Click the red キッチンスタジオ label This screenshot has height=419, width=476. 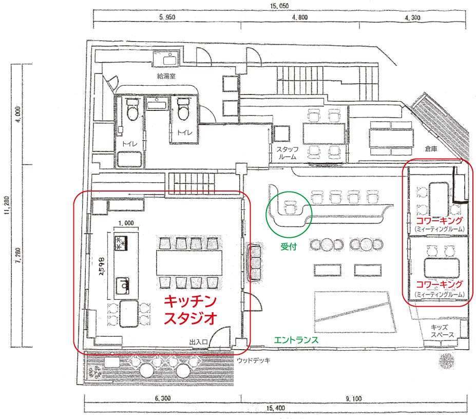pos(190,310)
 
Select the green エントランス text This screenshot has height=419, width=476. pos(296,340)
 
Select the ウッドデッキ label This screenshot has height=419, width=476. pos(253,361)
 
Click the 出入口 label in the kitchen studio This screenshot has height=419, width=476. pos(198,342)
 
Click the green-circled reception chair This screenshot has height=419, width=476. pos(290,208)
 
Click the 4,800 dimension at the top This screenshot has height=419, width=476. pos(299,17)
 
